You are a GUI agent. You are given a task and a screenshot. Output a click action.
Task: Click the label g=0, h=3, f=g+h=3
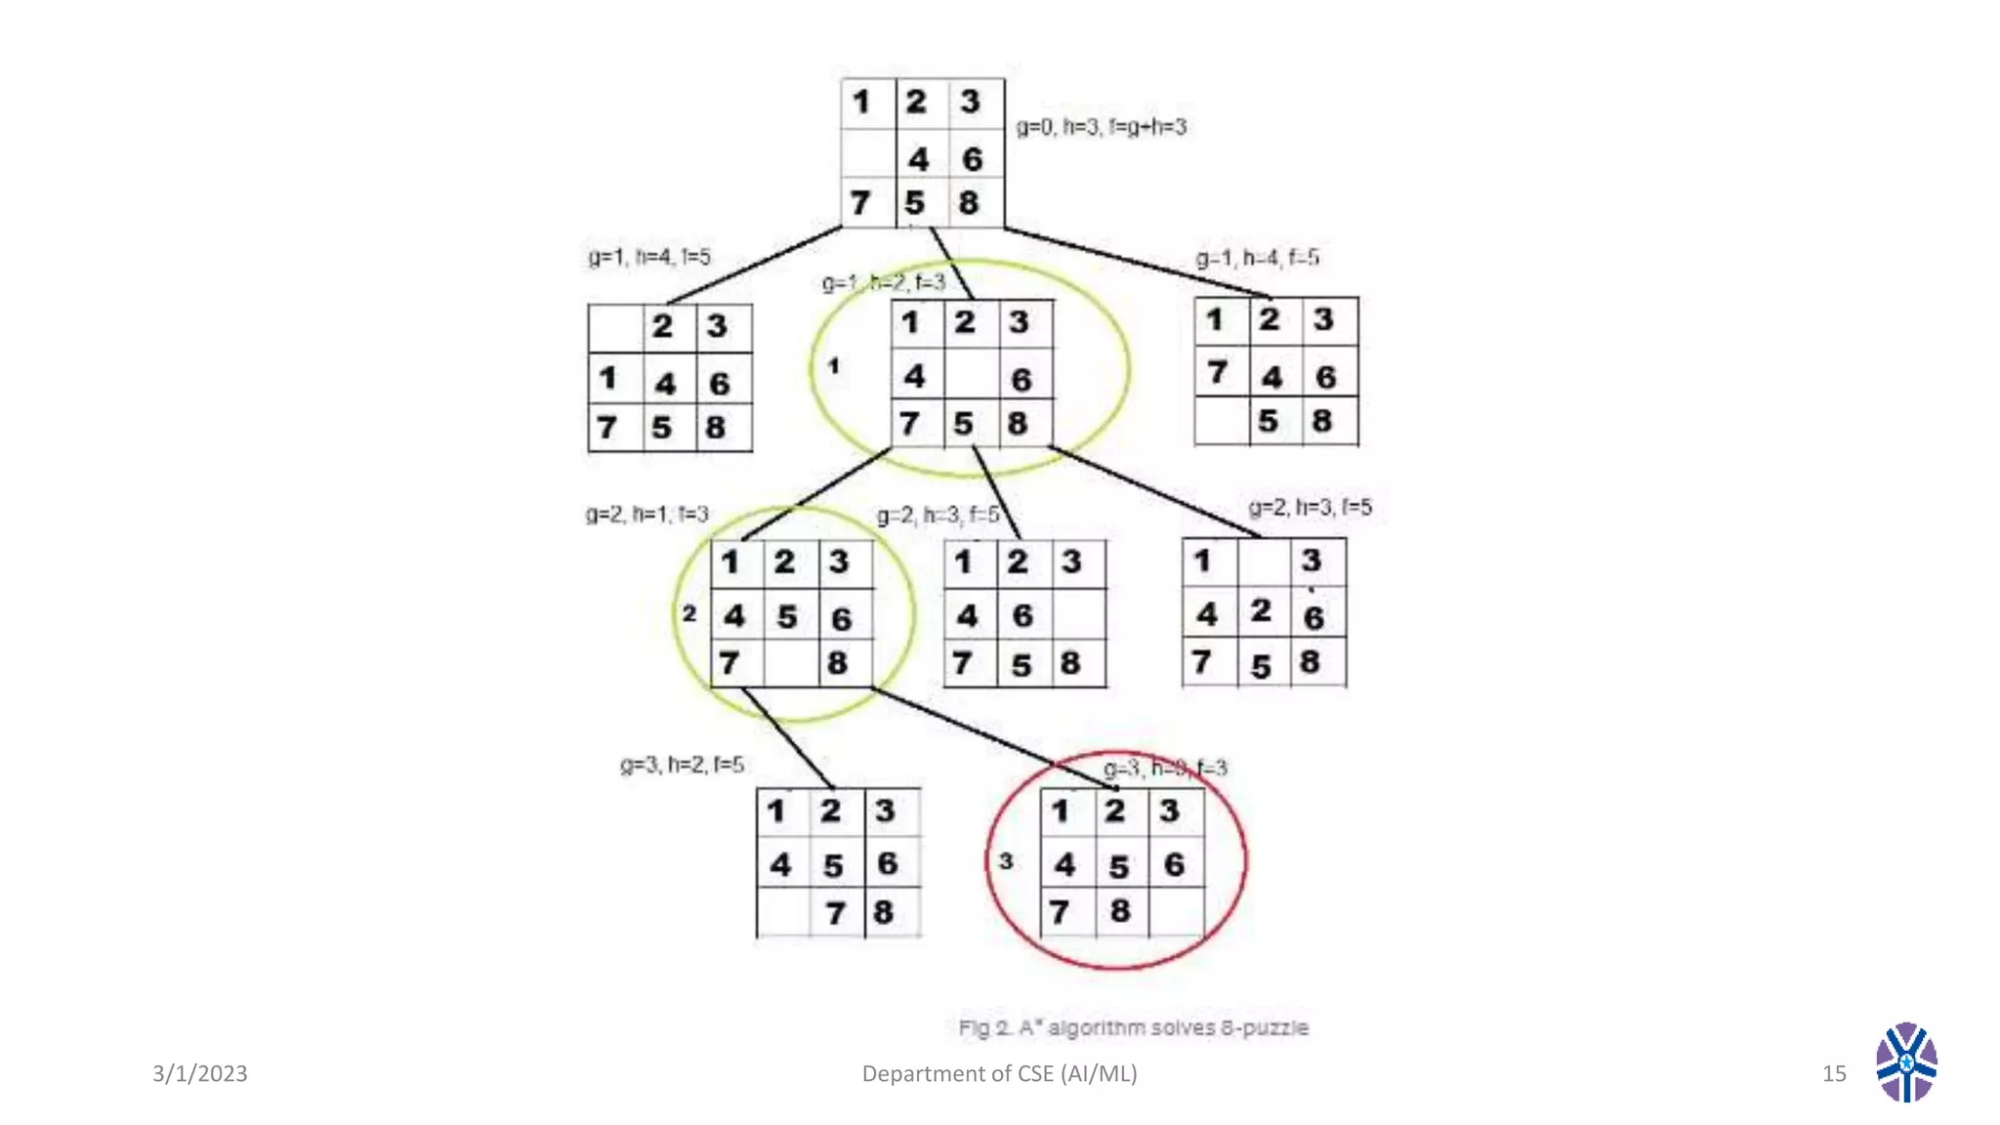[x=1101, y=127]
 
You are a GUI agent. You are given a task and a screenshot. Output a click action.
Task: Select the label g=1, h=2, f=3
[x=884, y=283]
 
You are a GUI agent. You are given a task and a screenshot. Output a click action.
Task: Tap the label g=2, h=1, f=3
[x=646, y=514]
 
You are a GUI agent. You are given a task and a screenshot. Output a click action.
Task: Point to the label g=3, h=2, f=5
[x=682, y=765]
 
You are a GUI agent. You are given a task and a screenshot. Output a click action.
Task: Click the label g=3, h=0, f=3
[x=1165, y=768]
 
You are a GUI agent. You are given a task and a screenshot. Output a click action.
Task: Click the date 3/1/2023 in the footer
[x=200, y=1073]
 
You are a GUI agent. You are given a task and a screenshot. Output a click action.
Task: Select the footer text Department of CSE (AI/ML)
[x=999, y=1073]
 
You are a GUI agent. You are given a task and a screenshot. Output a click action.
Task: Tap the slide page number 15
[x=1834, y=1073]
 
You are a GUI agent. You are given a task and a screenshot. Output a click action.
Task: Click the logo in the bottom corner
[x=1905, y=1062]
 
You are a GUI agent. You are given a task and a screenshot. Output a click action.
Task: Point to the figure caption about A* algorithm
[x=1133, y=1027]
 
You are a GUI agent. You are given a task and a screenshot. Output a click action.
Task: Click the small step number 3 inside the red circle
[x=1006, y=861]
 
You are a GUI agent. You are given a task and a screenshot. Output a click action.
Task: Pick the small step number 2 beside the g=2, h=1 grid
[x=689, y=613]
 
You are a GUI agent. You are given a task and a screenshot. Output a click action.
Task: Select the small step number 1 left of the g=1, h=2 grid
[x=833, y=366]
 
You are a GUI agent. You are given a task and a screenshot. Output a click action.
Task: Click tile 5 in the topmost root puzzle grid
[x=915, y=203]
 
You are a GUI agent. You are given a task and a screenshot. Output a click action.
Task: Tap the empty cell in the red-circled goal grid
[x=1176, y=912]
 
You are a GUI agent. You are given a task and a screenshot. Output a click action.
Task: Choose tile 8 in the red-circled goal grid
[x=1120, y=911]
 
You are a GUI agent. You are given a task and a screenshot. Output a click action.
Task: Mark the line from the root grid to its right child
[x=1138, y=263]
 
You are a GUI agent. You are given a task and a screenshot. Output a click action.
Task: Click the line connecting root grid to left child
[x=755, y=266]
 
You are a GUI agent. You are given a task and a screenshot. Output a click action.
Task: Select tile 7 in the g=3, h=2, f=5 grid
[x=836, y=913]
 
